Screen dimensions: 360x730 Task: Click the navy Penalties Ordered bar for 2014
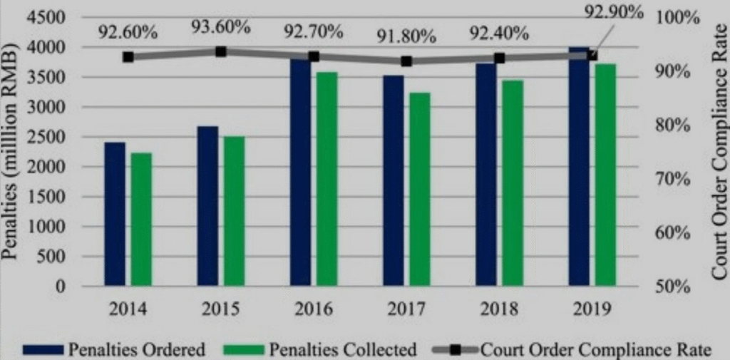coord(115,214)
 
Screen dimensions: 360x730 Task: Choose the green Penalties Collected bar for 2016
coord(327,179)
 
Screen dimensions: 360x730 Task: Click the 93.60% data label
coord(220,27)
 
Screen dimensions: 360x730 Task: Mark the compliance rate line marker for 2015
coord(220,51)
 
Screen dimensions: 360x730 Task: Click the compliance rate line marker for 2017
coord(406,61)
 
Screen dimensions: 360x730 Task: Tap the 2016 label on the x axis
coord(314,309)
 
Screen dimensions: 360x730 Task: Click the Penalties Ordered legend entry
coord(114,349)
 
